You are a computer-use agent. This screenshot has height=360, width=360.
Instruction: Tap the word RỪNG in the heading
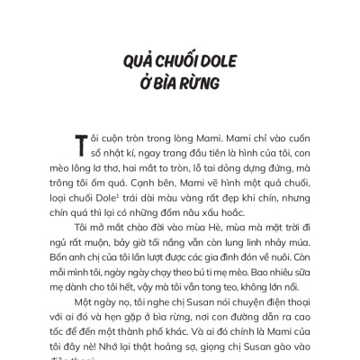pos(201,88)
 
